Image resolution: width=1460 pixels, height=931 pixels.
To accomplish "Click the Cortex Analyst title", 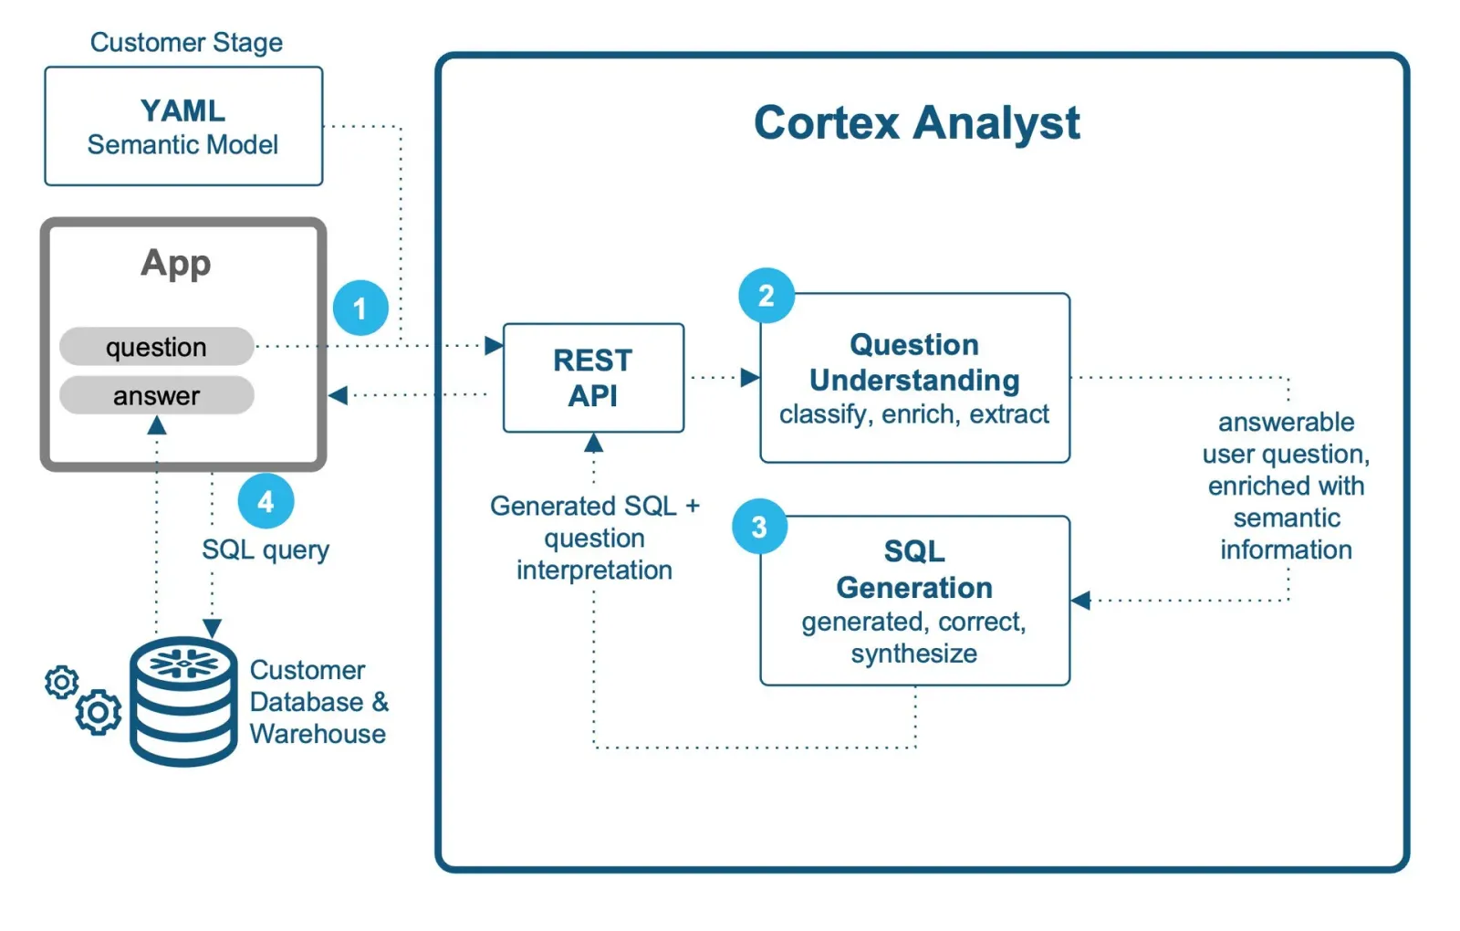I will pyautogui.click(x=916, y=123).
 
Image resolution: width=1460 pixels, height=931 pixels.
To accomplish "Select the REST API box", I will pyautogui.click(x=593, y=378).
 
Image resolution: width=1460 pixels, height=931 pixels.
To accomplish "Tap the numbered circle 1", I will pyautogui.click(x=360, y=309).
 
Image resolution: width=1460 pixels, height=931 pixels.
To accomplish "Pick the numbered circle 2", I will pyautogui.click(x=766, y=295).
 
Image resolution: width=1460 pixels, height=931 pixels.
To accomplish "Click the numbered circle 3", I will pyautogui.click(x=759, y=527).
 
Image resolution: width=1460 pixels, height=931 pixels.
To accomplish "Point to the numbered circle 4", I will pyautogui.click(x=266, y=501).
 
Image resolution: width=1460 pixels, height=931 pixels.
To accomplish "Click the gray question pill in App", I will pyautogui.click(x=156, y=347).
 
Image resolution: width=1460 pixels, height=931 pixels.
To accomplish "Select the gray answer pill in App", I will pyautogui.click(x=156, y=395).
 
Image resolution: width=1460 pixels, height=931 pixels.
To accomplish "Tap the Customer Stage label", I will pyautogui.click(x=186, y=42).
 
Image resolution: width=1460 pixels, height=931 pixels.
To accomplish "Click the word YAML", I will pyautogui.click(x=182, y=110).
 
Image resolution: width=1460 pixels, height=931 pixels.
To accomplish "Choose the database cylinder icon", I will pyautogui.click(x=183, y=700).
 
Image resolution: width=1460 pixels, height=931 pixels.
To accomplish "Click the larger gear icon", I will pyautogui.click(x=98, y=712).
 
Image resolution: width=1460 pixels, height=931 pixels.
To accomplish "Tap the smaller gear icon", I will pyautogui.click(x=61, y=682).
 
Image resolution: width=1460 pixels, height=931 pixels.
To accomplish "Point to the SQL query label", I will pyautogui.click(x=265, y=549).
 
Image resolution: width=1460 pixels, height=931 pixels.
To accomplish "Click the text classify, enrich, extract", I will pyautogui.click(x=913, y=414).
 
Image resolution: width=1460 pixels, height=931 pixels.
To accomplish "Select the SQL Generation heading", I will pyautogui.click(x=913, y=569).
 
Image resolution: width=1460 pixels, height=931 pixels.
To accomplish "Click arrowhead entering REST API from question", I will pyautogui.click(x=494, y=345).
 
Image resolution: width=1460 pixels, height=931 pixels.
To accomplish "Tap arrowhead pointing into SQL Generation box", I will pyautogui.click(x=1081, y=600).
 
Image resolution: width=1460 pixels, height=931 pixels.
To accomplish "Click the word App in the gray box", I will pyautogui.click(x=175, y=263).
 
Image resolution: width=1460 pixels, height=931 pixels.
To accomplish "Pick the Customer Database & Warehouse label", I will pyautogui.click(x=318, y=701).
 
